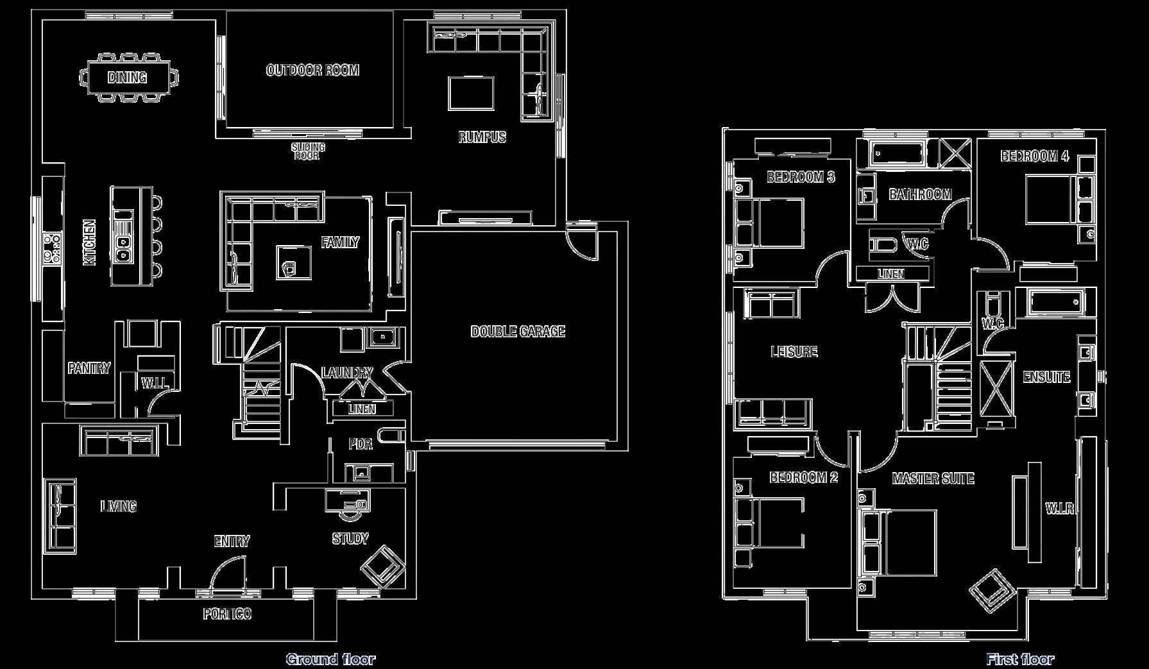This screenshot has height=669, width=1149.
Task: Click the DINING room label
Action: pyautogui.click(x=127, y=78)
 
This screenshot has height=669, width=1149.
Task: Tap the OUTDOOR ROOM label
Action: pyautogui.click(x=312, y=70)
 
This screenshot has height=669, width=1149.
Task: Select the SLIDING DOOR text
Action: pyautogui.click(x=308, y=151)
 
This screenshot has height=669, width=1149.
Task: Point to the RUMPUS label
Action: pyautogui.click(x=482, y=137)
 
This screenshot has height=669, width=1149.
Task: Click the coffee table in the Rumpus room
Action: pyautogui.click(x=471, y=94)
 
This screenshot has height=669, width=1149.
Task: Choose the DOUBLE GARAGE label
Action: pyautogui.click(x=518, y=332)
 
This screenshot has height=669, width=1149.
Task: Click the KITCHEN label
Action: pyautogui.click(x=90, y=242)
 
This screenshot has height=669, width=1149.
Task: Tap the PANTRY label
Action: pyautogui.click(x=89, y=368)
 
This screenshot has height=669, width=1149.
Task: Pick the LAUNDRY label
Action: pyautogui.click(x=347, y=373)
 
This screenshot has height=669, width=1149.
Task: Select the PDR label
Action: pyautogui.click(x=360, y=444)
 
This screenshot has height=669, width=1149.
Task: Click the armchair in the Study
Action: pyautogui.click(x=382, y=565)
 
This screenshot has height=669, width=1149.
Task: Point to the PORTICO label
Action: pyautogui.click(x=227, y=614)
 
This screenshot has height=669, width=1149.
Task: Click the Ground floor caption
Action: pyautogui.click(x=330, y=659)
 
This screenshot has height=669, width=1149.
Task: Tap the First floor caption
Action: pyautogui.click(x=1019, y=659)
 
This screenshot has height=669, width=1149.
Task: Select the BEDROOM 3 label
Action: pyautogui.click(x=801, y=177)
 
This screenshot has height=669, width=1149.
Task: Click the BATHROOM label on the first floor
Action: pyautogui.click(x=920, y=194)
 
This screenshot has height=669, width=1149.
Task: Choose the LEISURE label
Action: pyautogui.click(x=794, y=351)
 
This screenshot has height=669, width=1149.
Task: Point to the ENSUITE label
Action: pyautogui.click(x=1046, y=377)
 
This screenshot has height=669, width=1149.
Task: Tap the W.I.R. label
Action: pyautogui.click(x=1060, y=509)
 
